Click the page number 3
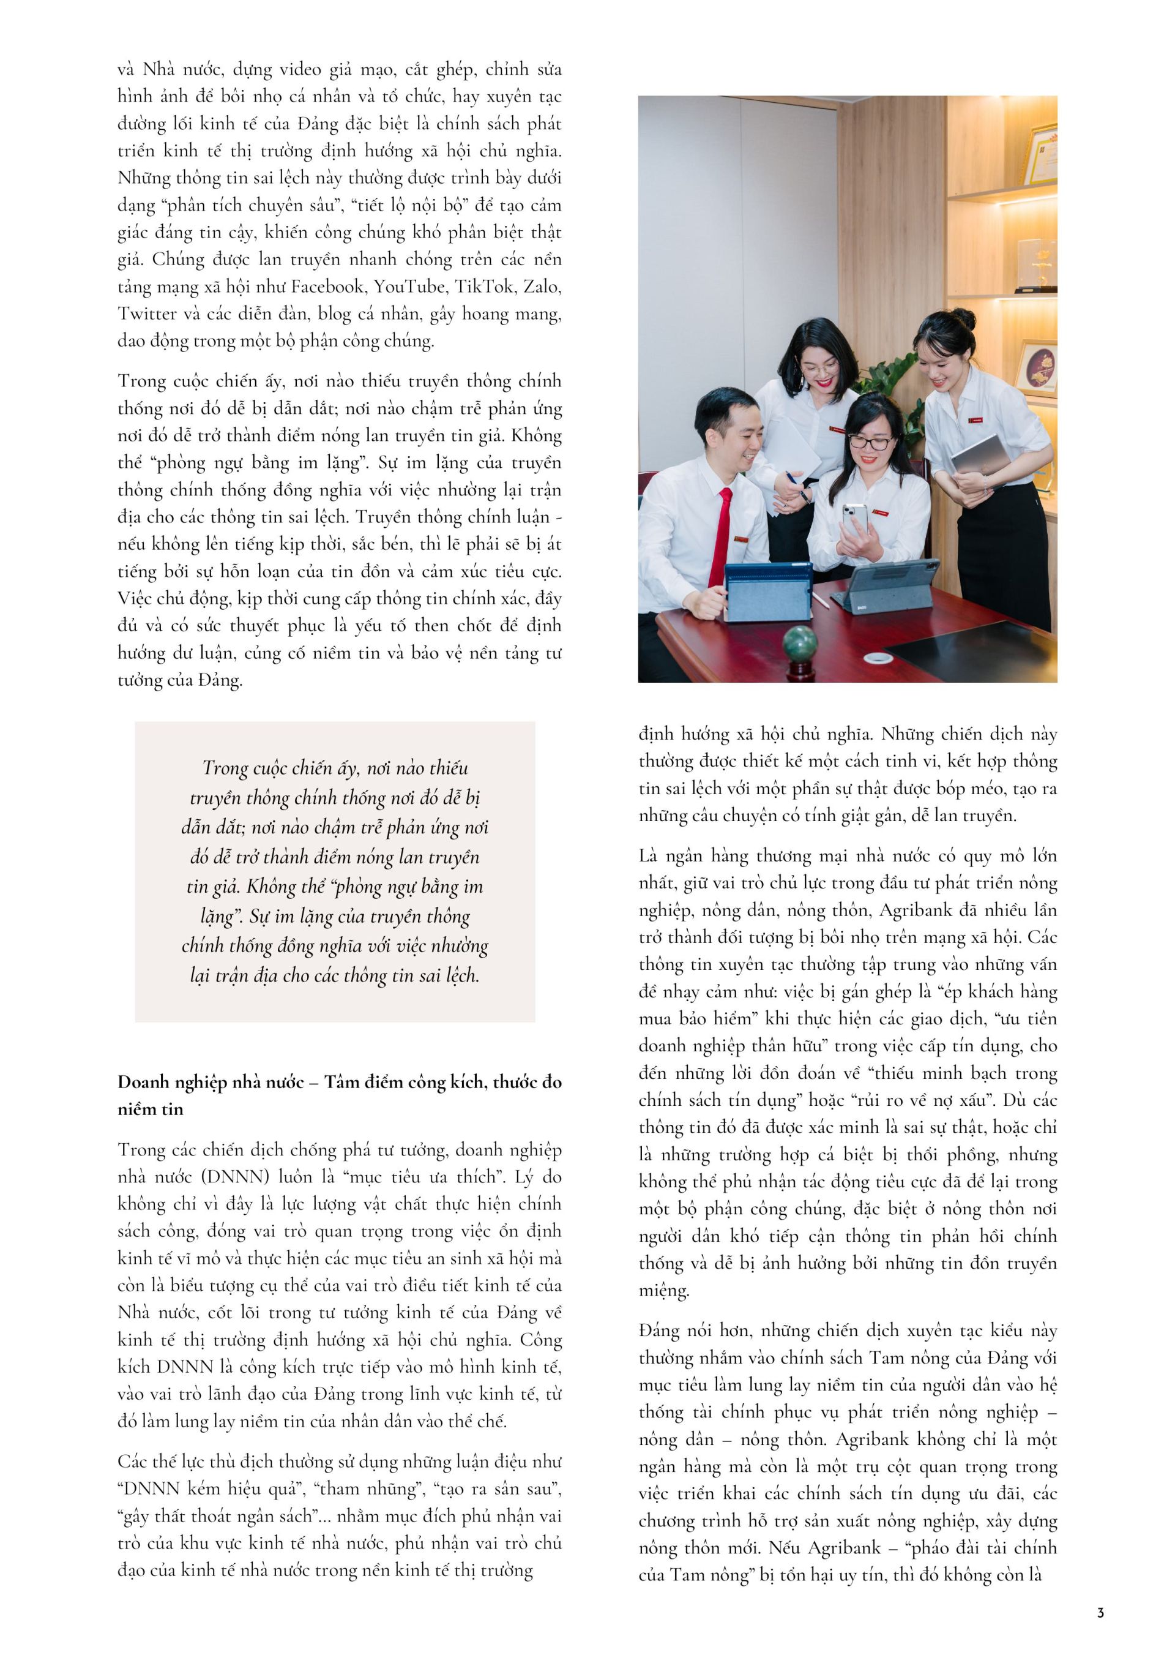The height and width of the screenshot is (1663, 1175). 1100,1612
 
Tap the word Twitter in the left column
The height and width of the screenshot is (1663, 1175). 147,313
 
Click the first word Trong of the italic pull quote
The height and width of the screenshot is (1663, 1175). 225,768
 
